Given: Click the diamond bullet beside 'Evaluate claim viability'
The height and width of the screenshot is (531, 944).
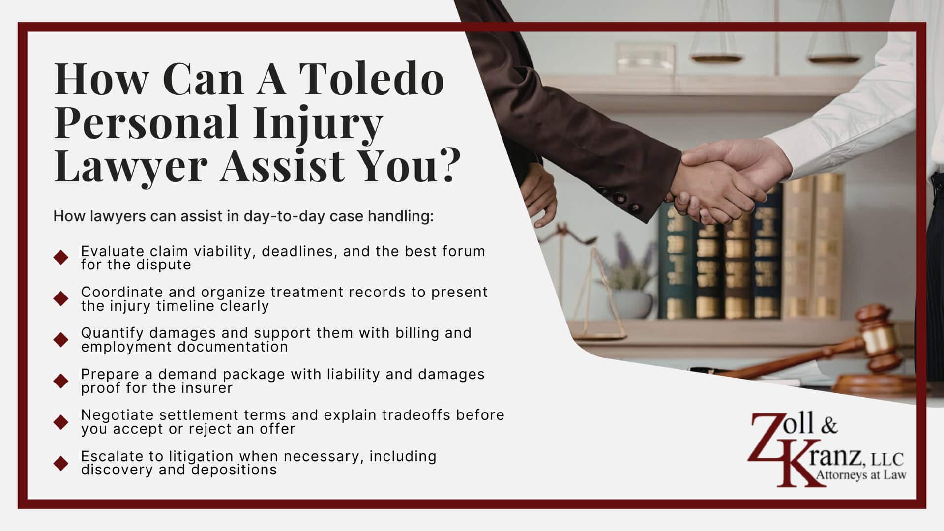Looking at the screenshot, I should [61, 257].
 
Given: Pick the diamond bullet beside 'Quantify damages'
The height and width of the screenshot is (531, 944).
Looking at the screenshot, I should [61, 339].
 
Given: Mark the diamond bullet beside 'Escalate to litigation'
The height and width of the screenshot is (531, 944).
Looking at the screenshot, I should [61, 463].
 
